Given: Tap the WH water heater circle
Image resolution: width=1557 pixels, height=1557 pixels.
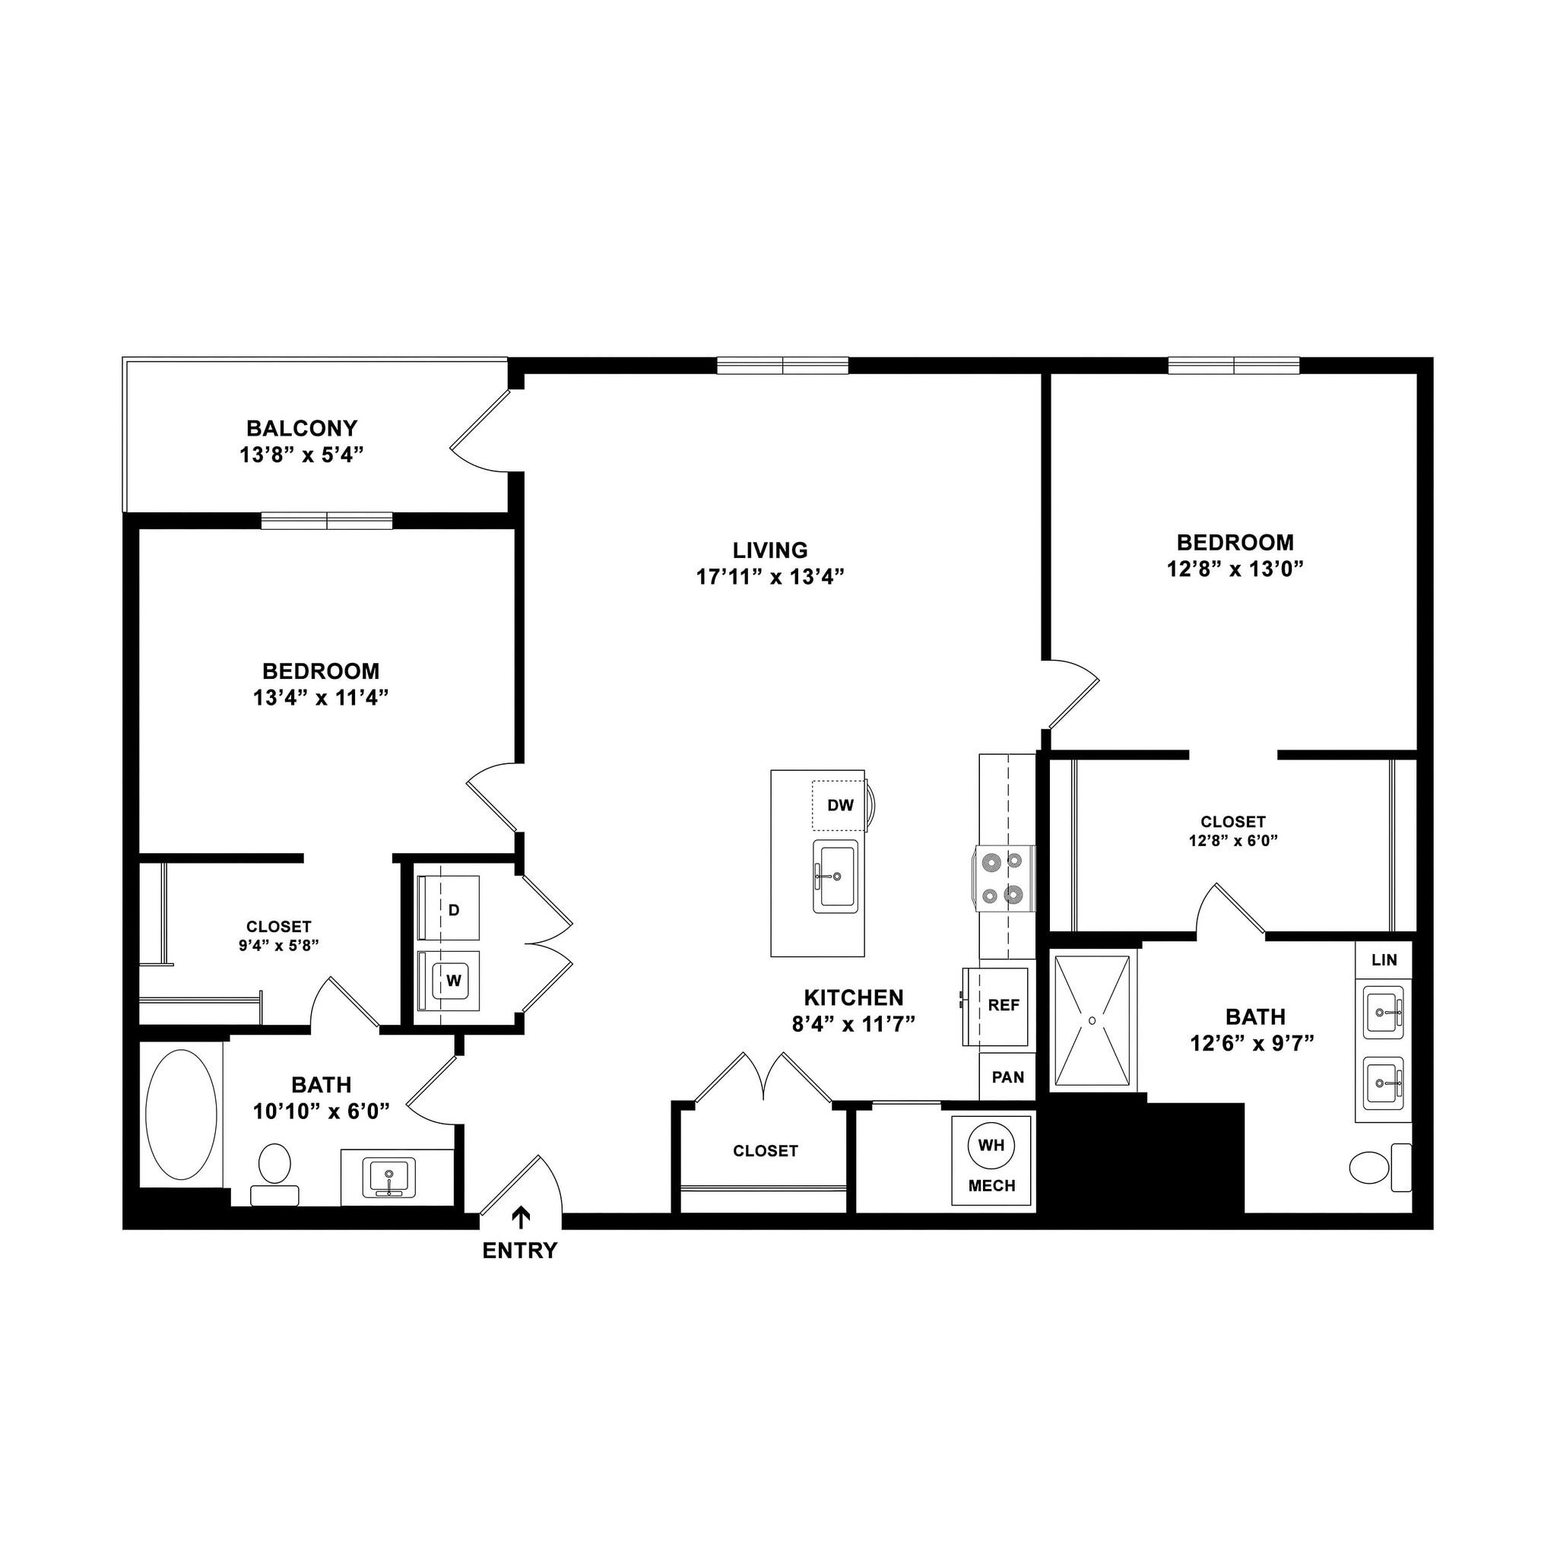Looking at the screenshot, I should coord(991,1144).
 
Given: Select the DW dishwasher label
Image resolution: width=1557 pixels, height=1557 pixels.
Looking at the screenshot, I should coord(840,805).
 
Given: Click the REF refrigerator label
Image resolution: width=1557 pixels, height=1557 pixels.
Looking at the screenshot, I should coord(1004,1005).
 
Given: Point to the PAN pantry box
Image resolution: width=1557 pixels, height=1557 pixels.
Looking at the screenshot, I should coord(1007,1077).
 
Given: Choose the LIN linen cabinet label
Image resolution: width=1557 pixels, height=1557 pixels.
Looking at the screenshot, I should coord(1384,960).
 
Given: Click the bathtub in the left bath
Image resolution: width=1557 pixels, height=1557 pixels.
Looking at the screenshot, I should coord(182,1115).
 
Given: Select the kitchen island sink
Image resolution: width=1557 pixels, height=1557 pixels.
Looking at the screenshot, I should coord(835,876).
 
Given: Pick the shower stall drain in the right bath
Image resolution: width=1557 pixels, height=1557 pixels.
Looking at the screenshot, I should coord(1092,1020).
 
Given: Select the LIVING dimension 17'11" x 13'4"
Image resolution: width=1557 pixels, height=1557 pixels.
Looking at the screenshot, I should coord(769,576).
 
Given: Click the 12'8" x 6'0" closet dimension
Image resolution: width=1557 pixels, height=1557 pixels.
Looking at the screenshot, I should coord(1233,841).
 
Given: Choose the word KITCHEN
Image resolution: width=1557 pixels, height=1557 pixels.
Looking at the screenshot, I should coord(854,997).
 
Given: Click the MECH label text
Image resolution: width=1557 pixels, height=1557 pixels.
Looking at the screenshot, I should coord(991,1185).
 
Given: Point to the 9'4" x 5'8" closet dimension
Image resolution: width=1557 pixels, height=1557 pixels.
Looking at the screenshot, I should coord(279,945).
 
